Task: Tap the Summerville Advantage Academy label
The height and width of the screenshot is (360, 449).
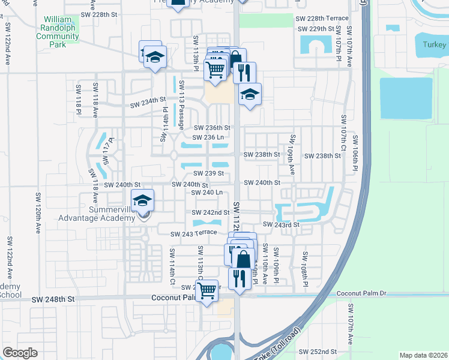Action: (97, 214)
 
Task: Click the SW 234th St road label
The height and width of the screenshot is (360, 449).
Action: (148, 101)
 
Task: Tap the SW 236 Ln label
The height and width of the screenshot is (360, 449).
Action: (209, 137)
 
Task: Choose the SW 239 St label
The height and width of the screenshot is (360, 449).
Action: (208, 173)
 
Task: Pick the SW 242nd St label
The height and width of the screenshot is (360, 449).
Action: (211, 212)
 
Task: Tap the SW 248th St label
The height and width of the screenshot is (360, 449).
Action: (53, 298)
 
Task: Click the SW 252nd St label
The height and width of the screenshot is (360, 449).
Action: (331, 352)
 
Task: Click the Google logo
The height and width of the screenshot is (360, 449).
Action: (20, 353)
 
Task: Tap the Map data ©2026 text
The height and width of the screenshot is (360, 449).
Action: (424, 355)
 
